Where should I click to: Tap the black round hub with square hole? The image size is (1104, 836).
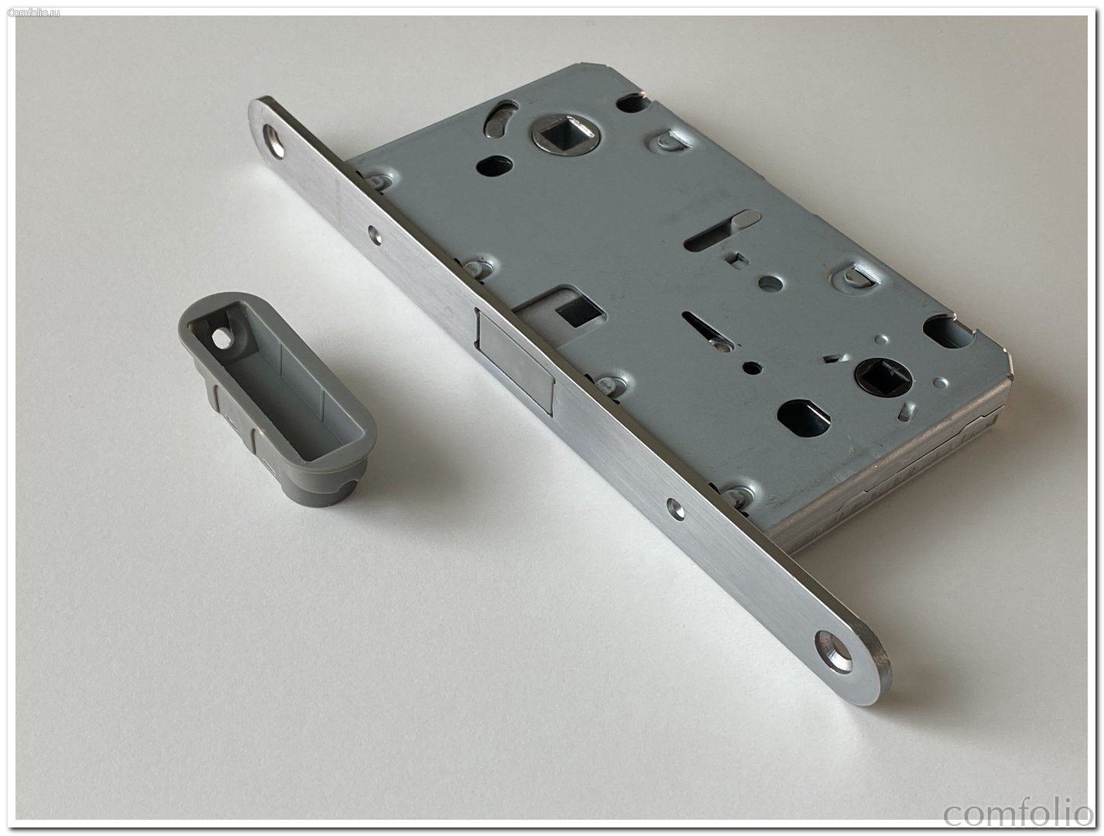pos(882,377)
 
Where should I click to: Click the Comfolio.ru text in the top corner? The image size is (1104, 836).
pos(34,12)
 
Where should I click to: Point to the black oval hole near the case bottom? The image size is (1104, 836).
pos(804,418)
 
